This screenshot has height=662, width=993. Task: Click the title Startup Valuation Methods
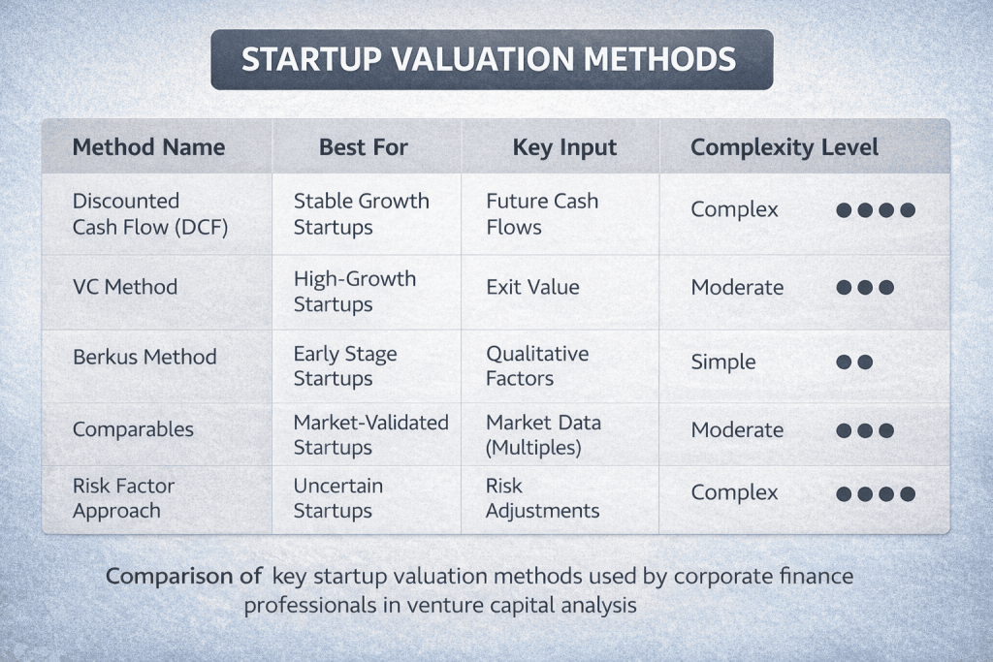coord(489,59)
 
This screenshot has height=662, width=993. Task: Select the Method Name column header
coord(148,146)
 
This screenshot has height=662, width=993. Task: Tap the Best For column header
coord(363,146)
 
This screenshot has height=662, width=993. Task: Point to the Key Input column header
coord(564,147)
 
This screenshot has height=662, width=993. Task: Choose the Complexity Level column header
coord(784,147)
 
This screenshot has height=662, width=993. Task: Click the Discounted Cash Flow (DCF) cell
coord(150,214)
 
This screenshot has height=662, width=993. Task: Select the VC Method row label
coord(125,287)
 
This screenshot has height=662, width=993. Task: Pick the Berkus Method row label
coord(144,357)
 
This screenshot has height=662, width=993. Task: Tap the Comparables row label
coord(133,429)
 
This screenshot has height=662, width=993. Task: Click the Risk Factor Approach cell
coord(123,498)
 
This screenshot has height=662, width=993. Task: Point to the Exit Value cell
coord(532,287)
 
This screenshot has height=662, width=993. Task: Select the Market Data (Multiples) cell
coord(543,435)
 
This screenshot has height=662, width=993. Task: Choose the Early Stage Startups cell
coord(345,365)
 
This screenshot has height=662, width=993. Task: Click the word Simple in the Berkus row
coord(723,362)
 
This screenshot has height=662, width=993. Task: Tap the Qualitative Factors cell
coord(537,365)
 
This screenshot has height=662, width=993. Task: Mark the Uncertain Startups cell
coord(338,498)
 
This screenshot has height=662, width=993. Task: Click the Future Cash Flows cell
coord(542,214)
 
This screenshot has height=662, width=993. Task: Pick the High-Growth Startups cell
coord(355,291)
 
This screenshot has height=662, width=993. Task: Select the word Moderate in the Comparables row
coord(737,429)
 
